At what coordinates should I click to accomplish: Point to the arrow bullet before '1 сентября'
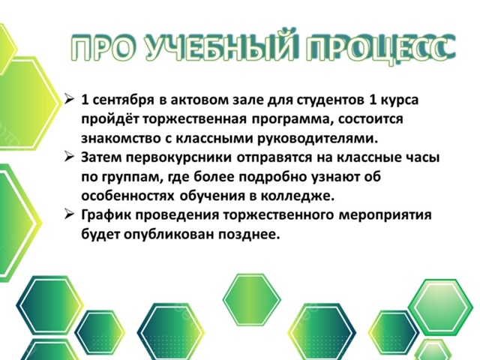click(x=70, y=100)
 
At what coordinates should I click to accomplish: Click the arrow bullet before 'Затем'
click(x=70, y=157)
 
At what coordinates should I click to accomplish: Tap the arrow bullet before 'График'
click(x=70, y=214)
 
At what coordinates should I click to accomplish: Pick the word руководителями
click(x=319, y=139)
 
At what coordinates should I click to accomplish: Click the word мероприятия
click(x=385, y=215)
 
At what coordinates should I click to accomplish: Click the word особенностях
click(x=128, y=196)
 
